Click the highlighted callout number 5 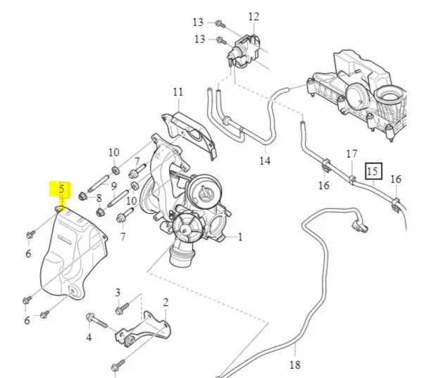(x=61, y=189)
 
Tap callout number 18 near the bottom (x=294, y=364)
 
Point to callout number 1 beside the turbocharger (x=239, y=237)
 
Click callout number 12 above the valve (x=253, y=16)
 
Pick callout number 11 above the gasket (x=177, y=92)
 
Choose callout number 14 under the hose (x=264, y=160)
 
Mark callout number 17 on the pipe (x=351, y=153)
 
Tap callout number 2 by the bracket (x=165, y=303)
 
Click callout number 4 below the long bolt (x=89, y=338)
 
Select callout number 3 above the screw (x=118, y=292)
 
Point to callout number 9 (x=113, y=185)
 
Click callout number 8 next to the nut (x=99, y=198)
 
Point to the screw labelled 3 (x=124, y=307)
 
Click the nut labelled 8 (x=83, y=194)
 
